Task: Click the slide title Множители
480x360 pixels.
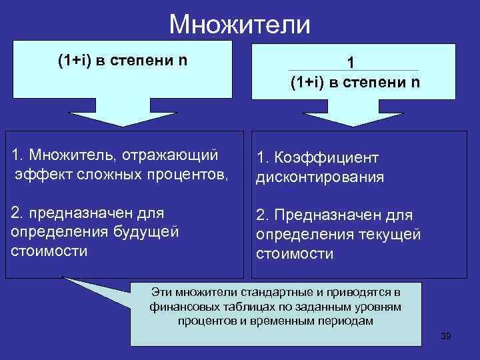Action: click(239, 25)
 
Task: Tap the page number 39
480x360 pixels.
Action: click(446, 336)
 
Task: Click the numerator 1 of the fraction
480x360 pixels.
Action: click(351, 63)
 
